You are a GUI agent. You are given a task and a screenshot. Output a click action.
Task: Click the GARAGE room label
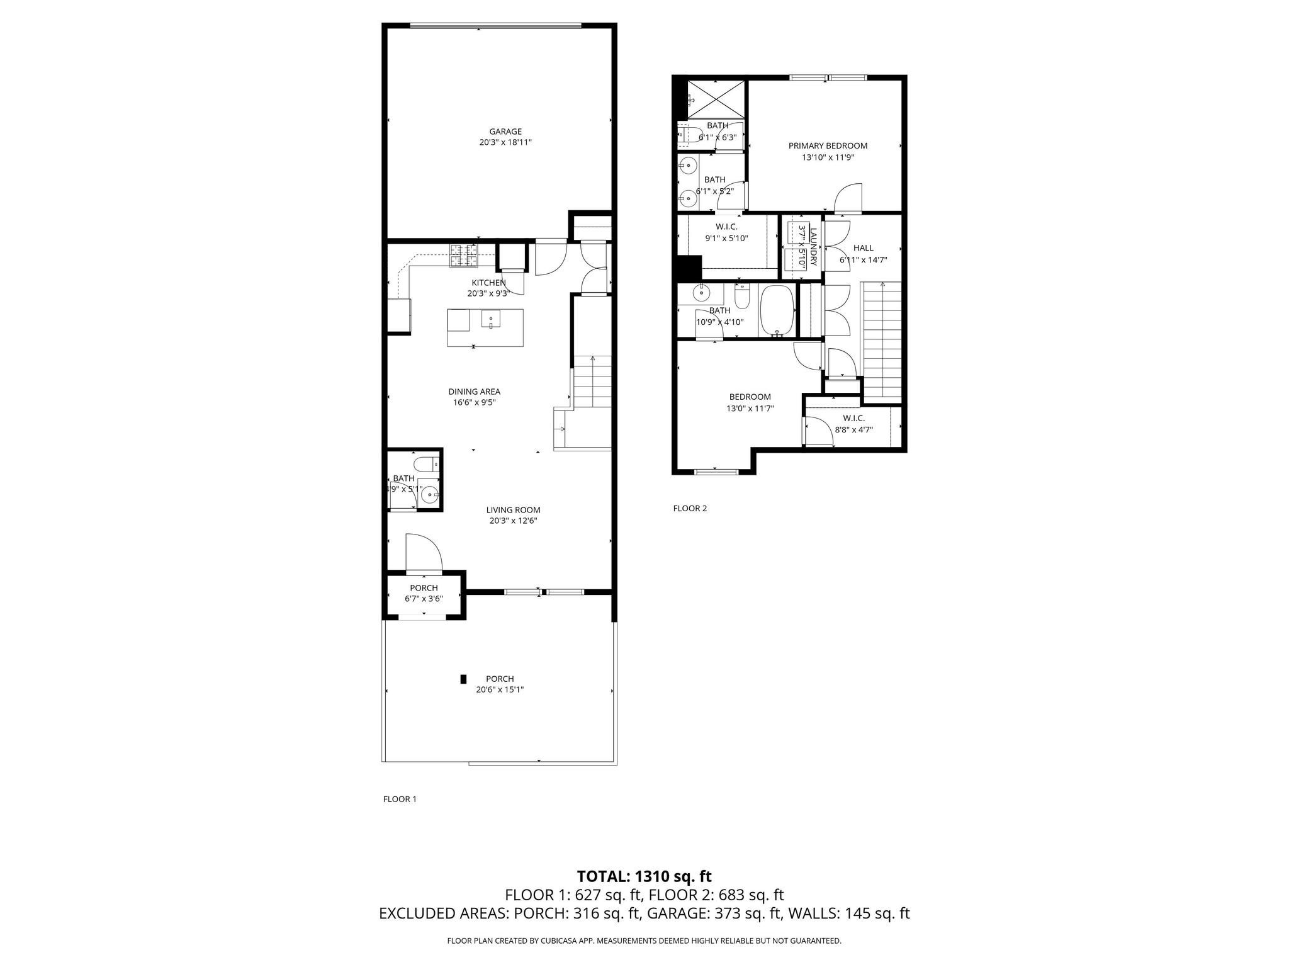505,132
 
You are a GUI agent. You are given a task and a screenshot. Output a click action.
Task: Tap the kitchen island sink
490,320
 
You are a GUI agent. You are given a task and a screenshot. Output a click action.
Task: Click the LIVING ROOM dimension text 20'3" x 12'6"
513,521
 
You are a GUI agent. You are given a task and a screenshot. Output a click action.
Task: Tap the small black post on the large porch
463,679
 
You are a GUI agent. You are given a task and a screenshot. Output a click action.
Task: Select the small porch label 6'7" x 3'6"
424,599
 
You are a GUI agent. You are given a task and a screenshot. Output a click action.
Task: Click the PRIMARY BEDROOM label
828,145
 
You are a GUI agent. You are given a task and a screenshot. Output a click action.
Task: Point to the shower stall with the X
716,99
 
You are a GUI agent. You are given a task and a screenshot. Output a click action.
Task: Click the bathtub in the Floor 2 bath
778,311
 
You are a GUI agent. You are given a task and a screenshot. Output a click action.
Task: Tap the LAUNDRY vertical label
813,247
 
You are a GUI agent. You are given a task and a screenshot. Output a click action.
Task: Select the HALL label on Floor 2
863,248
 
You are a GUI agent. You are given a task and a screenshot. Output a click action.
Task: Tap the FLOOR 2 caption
690,508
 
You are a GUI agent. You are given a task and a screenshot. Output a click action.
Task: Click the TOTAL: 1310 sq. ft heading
644,876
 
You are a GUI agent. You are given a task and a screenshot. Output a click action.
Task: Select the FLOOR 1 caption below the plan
400,799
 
